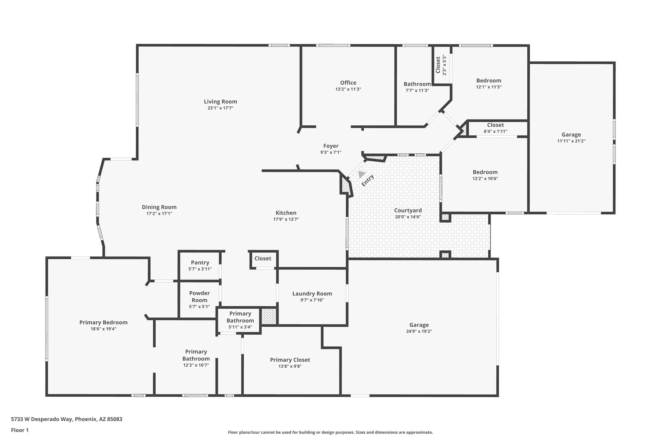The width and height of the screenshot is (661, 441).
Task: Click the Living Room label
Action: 220,101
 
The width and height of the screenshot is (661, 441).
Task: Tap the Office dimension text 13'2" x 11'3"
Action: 348,89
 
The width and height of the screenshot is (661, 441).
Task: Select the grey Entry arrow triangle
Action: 361,174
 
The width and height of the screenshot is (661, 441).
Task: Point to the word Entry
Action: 368,180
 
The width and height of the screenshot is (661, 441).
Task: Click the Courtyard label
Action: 408,210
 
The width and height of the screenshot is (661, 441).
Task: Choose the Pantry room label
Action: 200,263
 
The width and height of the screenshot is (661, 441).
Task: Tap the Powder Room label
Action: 199,297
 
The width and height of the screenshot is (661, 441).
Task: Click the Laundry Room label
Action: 312,293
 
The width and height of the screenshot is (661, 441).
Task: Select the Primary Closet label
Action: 290,360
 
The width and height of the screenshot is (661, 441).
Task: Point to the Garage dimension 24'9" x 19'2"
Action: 419,331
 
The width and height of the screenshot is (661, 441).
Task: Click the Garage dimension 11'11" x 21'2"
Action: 571,141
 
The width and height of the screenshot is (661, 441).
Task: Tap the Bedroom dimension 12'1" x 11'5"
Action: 489,87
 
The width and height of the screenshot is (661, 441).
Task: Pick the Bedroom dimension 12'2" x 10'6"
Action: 485,178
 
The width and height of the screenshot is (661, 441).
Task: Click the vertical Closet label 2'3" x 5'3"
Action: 441,65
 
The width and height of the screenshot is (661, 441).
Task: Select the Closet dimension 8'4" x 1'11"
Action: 495,131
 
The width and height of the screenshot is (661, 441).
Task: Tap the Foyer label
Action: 331,146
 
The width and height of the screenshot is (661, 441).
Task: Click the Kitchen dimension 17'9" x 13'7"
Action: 286,219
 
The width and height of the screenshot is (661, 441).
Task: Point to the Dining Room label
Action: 159,207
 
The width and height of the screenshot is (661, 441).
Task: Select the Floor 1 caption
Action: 20,430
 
